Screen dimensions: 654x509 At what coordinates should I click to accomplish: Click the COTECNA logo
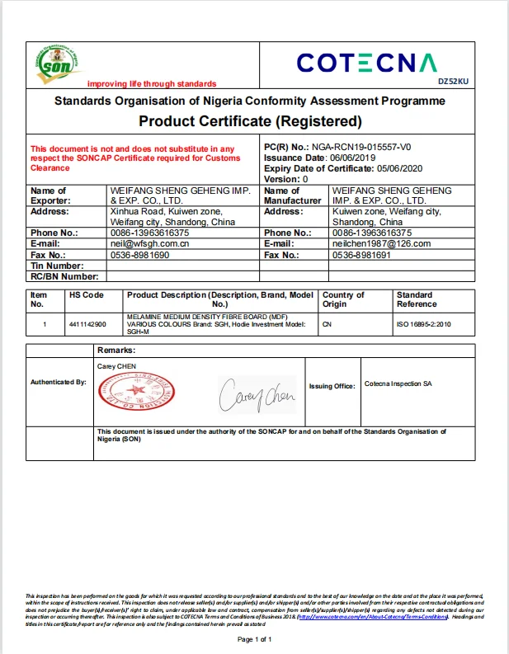click(x=365, y=63)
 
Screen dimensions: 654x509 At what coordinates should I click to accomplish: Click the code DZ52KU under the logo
click(x=452, y=81)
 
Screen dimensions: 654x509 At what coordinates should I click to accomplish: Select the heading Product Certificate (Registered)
click(x=250, y=122)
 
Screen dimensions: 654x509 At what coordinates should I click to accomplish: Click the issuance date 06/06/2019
click(x=352, y=158)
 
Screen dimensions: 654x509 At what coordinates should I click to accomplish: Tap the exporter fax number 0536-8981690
click(x=139, y=255)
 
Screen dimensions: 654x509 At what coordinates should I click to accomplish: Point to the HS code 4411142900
click(x=87, y=325)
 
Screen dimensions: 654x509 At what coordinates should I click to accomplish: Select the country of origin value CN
click(x=327, y=325)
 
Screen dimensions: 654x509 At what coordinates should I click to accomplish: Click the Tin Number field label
click(x=57, y=266)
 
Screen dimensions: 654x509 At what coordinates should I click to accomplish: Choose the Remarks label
click(x=116, y=351)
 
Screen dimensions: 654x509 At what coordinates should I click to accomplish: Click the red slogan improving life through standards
click(x=152, y=84)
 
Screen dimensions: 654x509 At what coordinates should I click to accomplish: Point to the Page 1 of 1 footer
click(x=254, y=639)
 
